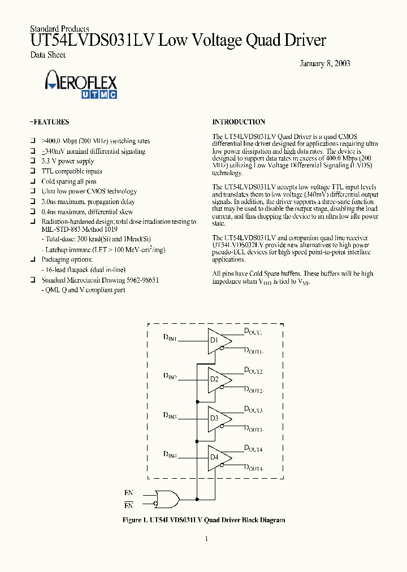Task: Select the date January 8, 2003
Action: (x=324, y=63)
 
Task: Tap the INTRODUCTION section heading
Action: (x=239, y=122)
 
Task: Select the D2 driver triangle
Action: (x=218, y=379)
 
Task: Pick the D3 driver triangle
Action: (x=218, y=418)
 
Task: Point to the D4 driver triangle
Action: (x=218, y=457)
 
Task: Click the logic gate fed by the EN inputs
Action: (x=168, y=499)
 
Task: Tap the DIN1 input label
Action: (x=170, y=338)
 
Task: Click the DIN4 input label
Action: (x=170, y=454)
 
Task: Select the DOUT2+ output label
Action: (x=253, y=371)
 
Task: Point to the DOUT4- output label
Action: (x=254, y=468)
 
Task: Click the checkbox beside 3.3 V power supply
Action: (x=33, y=162)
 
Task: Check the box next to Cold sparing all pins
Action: (x=33, y=182)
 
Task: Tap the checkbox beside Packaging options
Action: (x=33, y=260)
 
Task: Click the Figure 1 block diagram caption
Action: (x=203, y=520)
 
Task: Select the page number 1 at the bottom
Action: (x=206, y=539)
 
